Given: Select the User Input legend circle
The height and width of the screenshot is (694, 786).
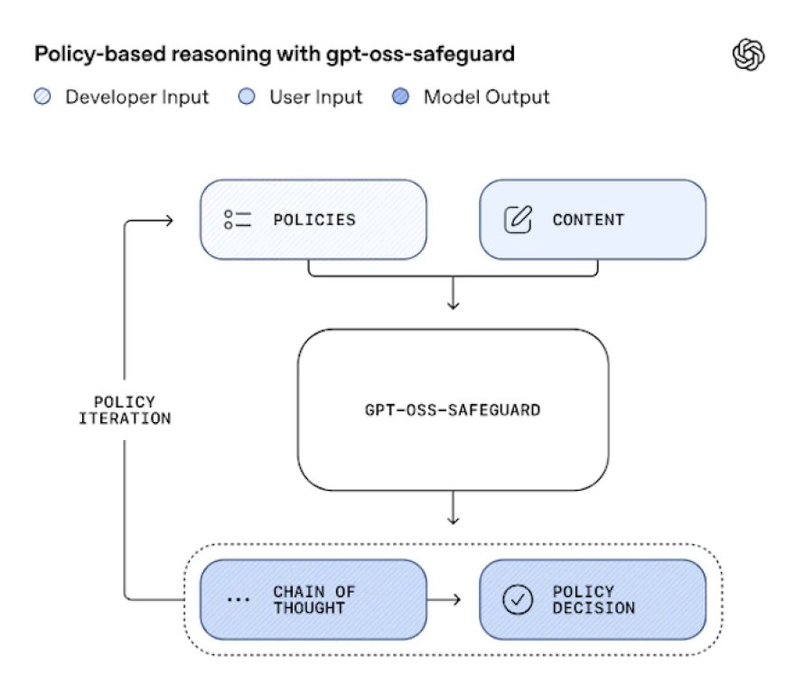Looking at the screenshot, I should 248,97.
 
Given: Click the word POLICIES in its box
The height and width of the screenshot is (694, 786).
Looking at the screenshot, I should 313,220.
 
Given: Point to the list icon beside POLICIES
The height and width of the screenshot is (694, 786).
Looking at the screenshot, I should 237,220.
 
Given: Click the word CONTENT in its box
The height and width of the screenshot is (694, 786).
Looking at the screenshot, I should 588,220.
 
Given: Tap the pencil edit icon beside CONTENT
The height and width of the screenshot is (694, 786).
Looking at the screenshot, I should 517,220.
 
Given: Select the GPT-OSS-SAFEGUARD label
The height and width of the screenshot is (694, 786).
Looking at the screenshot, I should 453,409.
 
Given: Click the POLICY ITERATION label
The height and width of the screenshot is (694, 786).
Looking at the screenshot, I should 125,409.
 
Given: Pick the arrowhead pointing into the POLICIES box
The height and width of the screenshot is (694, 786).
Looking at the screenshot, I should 167,219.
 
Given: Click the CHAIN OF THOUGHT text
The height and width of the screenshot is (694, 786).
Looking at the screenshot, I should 313,600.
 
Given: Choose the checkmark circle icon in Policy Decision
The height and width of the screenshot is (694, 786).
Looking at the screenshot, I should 518,600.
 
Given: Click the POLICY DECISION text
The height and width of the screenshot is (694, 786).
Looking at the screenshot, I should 594,600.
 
